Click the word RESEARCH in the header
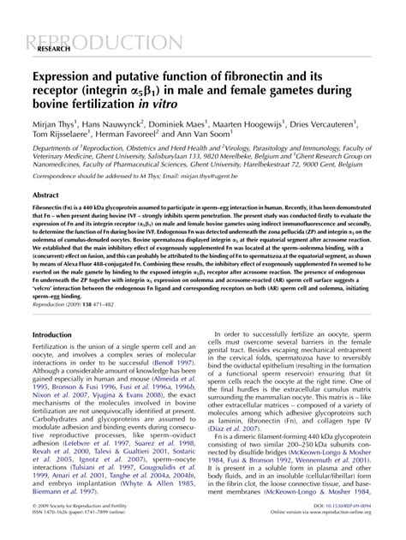click(57, 51)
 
